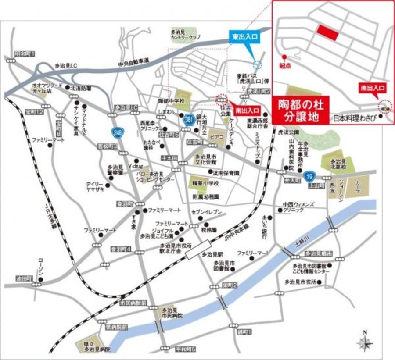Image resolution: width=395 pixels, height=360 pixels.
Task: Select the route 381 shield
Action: click(189, 120)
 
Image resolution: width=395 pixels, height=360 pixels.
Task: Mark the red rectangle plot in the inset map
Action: click(328, 32)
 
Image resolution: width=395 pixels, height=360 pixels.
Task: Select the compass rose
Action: click(364, 340)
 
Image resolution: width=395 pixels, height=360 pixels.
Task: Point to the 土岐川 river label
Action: click(302, 242)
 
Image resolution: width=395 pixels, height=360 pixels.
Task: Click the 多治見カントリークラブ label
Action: click(186, 35)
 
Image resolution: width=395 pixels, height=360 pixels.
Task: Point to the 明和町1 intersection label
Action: click(25, 53)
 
